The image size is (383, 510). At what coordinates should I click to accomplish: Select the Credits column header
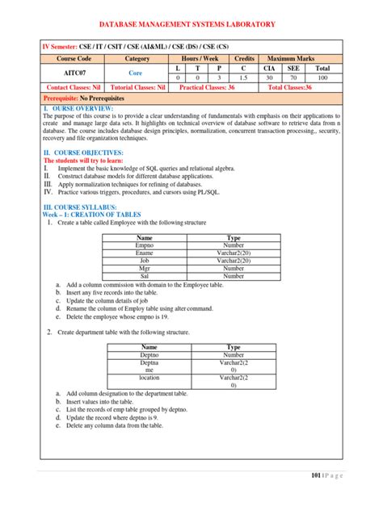[244, 58]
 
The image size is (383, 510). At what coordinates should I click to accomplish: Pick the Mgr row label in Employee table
[145, 269]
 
